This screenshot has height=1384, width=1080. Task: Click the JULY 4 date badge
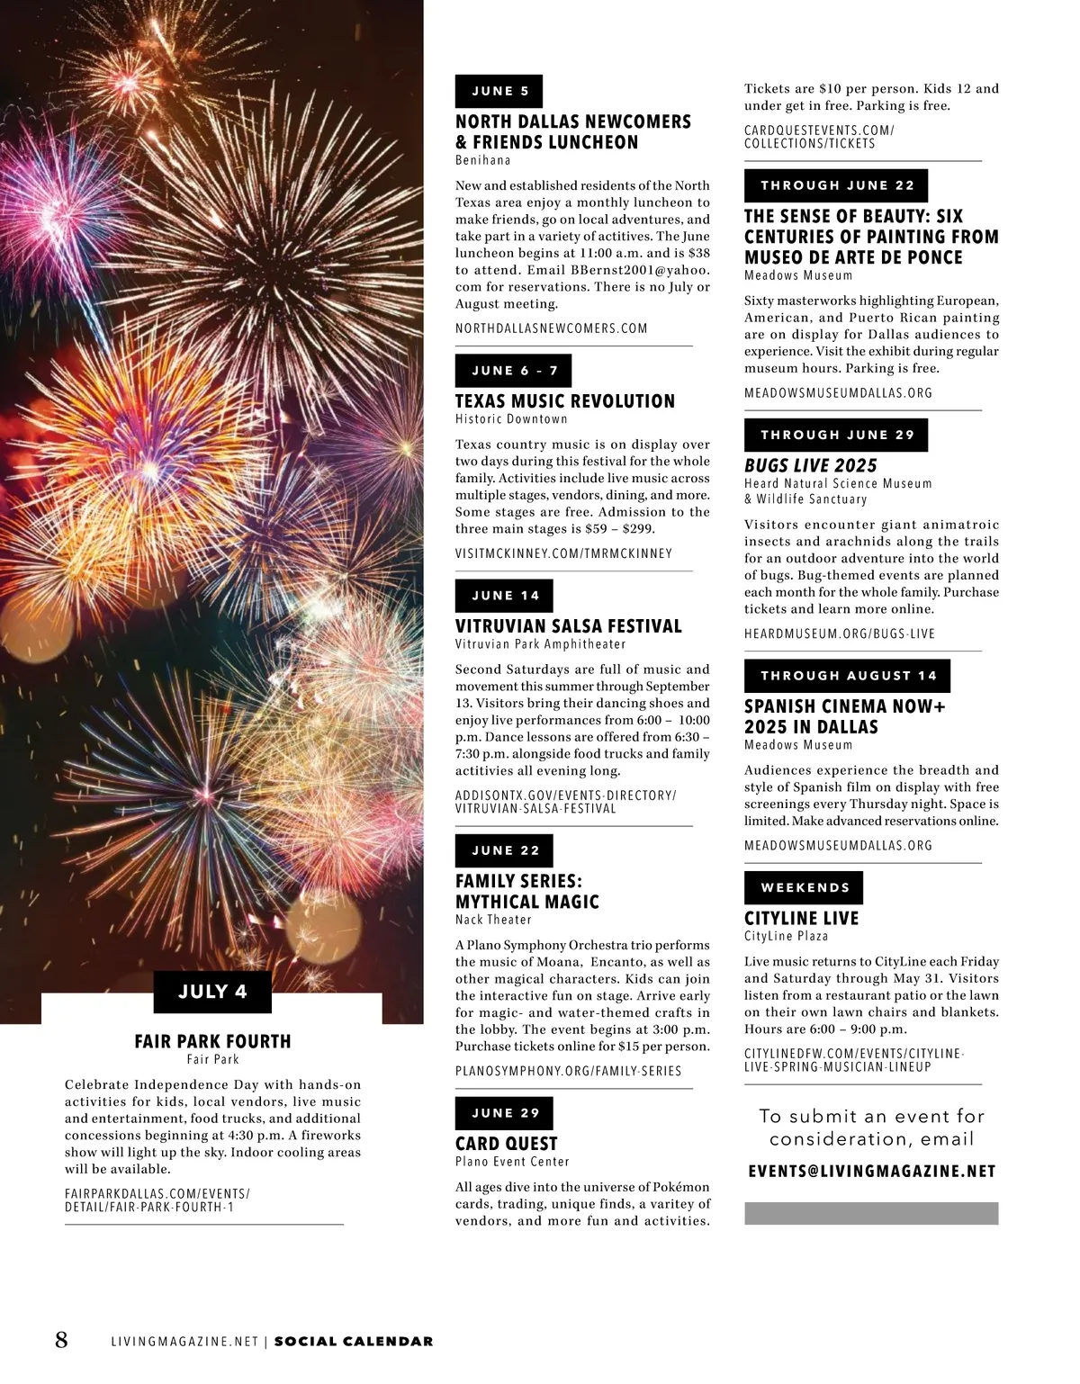tap(212, 992)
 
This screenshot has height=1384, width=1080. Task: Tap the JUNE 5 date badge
tap(499, 91)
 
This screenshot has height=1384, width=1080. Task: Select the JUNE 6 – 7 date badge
tap(513, 371)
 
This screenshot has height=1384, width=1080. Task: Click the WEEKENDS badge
tap(804, 887)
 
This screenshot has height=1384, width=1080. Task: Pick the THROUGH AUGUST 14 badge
tap(847, 676)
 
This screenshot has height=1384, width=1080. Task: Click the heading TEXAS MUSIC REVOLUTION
tap(564, 401)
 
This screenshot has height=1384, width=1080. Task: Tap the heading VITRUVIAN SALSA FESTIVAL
tap(568, 626)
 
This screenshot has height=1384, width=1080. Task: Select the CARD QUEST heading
tap(506, 1144)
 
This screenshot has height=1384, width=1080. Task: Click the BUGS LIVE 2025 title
tap(810, 465)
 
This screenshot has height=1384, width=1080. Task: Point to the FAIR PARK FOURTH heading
tap(212, 1041)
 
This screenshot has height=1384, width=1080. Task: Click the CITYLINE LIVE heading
tap(801, 919)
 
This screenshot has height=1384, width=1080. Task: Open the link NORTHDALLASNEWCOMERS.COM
tap(551, 328)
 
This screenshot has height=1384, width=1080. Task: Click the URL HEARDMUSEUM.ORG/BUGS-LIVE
tap(839, 634)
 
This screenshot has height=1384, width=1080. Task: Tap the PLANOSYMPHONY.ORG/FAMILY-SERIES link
tap(568, 1071)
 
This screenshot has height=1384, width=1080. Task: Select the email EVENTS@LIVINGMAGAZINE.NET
tap(871, 1172)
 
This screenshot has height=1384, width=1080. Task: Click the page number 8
tap(61, 1340)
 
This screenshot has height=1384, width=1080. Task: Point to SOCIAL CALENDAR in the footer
tap(353, 1342)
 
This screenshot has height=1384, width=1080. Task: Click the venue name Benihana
tap(482, 160)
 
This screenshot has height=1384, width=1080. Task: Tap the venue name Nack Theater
tap(493, 920)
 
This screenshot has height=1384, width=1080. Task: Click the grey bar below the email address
tap(871, 1213)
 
